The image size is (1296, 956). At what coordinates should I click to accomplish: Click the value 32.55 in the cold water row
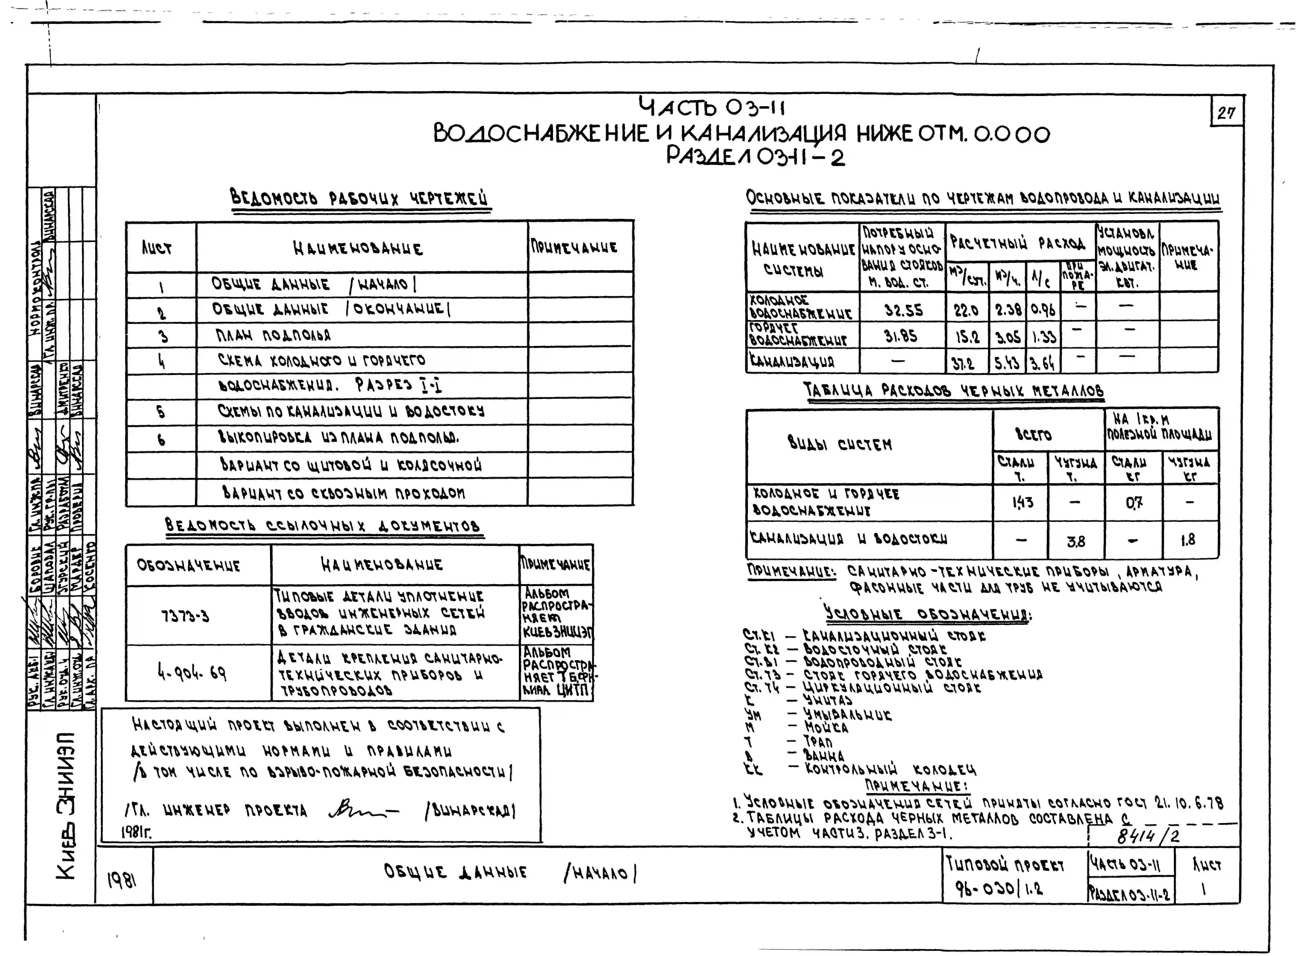(903, 310)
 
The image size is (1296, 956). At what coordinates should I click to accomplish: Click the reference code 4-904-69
(192, 672)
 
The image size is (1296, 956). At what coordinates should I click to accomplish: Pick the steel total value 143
(1022, 502)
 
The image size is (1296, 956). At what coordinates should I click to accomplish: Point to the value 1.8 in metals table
(1188, 540)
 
